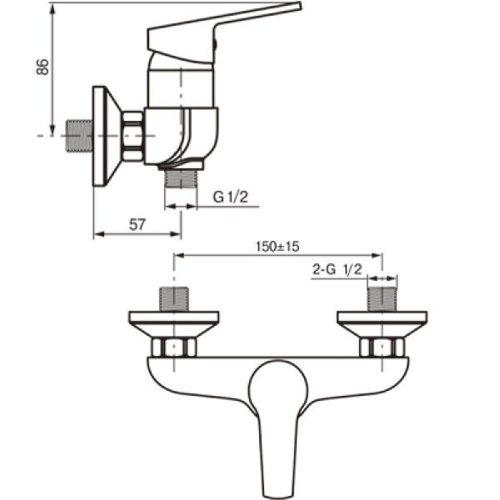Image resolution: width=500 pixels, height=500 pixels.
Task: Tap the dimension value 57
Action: tap(138, 223)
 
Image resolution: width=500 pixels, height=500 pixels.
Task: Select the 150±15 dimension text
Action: tap(278, 247)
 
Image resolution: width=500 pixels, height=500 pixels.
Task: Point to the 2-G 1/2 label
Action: tap(337, 269)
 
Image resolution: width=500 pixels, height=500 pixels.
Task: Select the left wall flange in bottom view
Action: tap(173, 321)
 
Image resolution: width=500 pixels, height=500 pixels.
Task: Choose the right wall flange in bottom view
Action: tap(382, 321)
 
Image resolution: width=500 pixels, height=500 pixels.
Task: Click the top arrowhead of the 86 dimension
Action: tap(52, 7)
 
